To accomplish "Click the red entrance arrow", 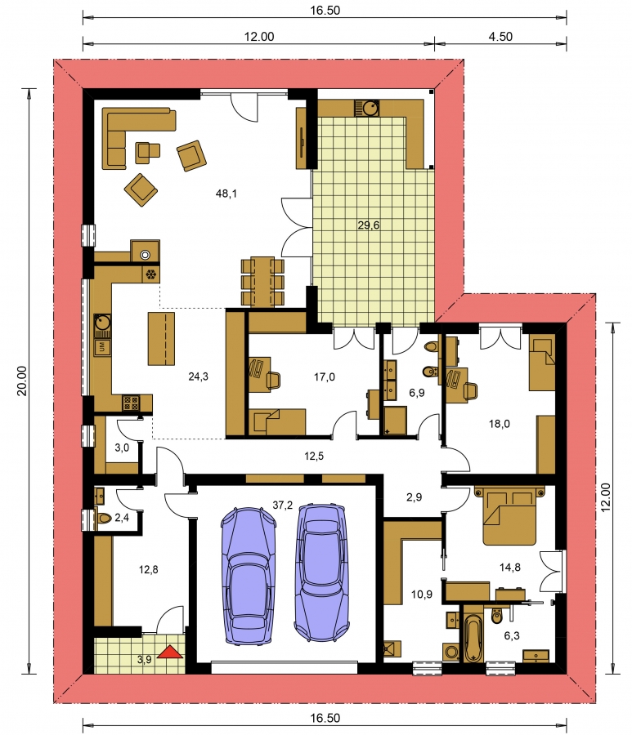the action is pyautogui.click(x=170, y=652).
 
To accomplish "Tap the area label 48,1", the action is pyautogui.click(x=226, y=193).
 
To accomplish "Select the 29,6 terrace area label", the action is pyautogui.click(x=368, y=225).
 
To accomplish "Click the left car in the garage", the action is pyautogui.click(x=248, y=576).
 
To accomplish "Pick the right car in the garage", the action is pyautogui.click(x=322, y=572).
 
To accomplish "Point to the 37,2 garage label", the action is pyautogui.click(x=282, y=505).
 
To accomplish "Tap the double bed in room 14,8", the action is pyautogui.click(x=509, y=515).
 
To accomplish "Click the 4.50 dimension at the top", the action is pyautogui.click(x=500, y=37).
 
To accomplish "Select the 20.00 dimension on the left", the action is pyautogui.click(x=22, y=381).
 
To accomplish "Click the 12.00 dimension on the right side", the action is pyautogui.click(x=606, y=497).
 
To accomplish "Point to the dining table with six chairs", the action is pyautogui.click(x=262, y=281).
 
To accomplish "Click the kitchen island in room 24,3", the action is pyautogui.click(x=161, y=338).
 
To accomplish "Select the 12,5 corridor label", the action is pyautogui.click(x=314, y=456).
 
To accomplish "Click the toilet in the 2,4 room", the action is pyautogui.click(x=103, y=519).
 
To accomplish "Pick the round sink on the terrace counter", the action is pyautogui.click(x=370, y=109).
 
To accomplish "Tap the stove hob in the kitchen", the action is pyautogui.click(x=131, y=403).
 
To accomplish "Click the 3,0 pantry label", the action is pyautogui.click(x=122, y=448).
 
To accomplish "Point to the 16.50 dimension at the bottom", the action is pyautogui.click(x=325, y=718).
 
